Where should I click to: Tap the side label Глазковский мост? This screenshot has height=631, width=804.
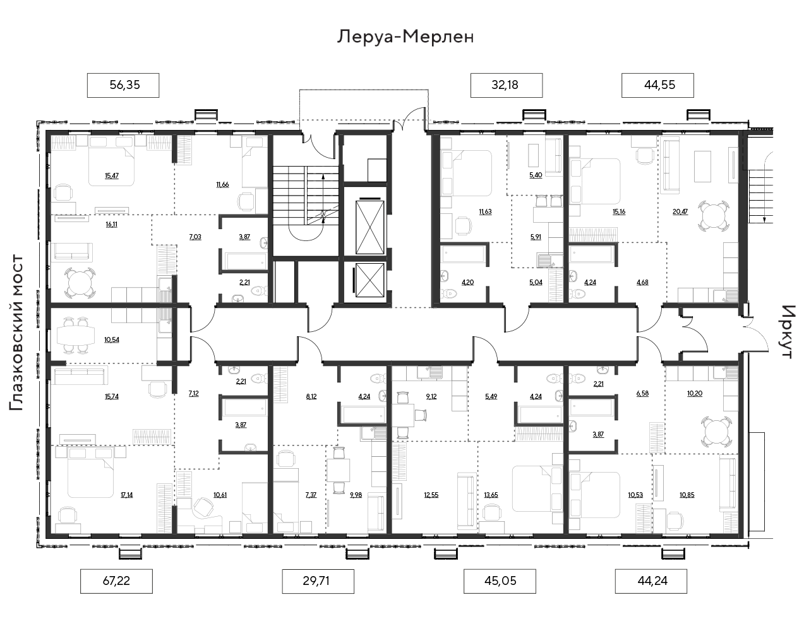[17, 333]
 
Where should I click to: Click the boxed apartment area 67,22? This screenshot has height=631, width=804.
[116, 581]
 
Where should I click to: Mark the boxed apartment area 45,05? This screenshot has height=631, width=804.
[500, 581]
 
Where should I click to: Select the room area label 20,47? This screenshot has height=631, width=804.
[680, 212]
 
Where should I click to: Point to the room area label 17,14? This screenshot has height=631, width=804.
[126, 495]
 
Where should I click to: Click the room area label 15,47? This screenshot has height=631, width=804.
[111, 175]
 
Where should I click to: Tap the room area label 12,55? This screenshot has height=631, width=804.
[431, 495]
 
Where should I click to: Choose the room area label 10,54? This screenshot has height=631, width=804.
[111, 339]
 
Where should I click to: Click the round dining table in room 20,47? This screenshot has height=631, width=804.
[714, 216]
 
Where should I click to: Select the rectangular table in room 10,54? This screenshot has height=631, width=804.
[76, 336]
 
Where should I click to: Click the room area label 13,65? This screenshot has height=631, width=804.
[491, 495]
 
